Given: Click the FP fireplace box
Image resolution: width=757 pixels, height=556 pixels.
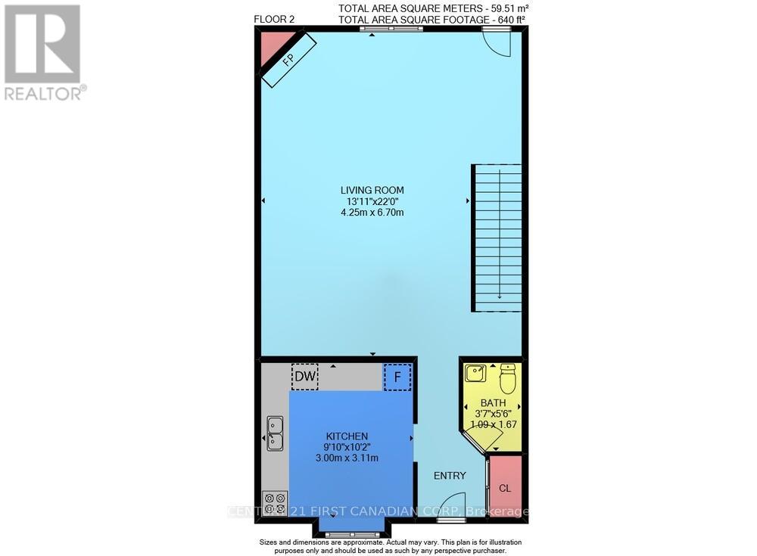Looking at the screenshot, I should [288, 61].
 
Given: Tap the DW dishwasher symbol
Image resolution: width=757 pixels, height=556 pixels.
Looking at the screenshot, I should [305, 376].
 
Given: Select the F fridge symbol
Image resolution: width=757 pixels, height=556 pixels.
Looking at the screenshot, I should [397, 377].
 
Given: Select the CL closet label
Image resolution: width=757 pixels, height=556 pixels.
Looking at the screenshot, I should [505, 488].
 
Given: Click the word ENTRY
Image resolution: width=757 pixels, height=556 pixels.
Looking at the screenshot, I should [450, 475].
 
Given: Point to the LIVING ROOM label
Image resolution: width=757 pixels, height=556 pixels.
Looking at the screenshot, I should [372, 190].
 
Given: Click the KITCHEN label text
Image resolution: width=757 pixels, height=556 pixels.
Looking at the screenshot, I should [347, 436].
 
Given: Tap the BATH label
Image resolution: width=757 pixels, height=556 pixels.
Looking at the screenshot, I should [493, 403].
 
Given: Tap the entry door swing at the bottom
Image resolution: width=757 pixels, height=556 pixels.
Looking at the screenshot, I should [451, 505].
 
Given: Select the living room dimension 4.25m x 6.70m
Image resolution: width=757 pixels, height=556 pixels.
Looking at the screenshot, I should [372, 213].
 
